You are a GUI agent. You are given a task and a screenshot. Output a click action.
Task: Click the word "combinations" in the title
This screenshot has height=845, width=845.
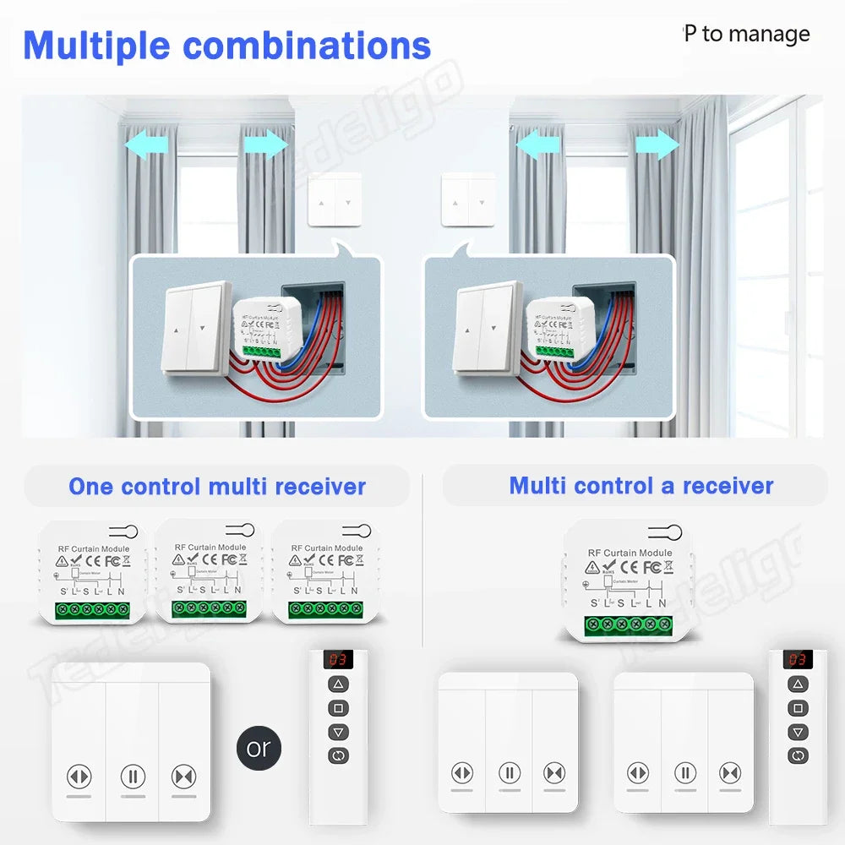[308, 46]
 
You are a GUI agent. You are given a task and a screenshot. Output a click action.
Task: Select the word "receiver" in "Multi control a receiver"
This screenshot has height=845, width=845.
[728, 486]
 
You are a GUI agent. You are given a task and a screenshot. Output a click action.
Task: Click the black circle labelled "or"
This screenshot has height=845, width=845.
[258, 748]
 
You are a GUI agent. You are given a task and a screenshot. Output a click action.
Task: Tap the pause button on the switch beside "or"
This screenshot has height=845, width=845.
[132, 776]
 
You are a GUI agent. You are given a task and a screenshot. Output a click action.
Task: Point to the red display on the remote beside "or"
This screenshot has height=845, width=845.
[339, 659]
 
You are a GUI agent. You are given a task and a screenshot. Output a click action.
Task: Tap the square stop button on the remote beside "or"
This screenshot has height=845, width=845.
[339, 708]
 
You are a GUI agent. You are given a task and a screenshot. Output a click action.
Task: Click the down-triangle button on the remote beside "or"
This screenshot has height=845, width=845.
[339, 732]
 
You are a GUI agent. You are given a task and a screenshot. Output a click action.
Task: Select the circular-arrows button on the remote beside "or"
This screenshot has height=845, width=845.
[339, 755]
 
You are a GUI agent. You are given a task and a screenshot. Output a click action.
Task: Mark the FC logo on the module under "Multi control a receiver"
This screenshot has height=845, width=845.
[651, 567]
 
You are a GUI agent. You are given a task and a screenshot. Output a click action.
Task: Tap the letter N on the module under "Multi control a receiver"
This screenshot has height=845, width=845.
[662, 602]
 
